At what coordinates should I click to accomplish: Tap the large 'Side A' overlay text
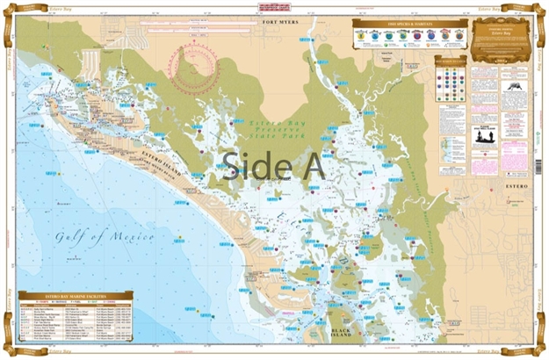pos(273,164)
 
